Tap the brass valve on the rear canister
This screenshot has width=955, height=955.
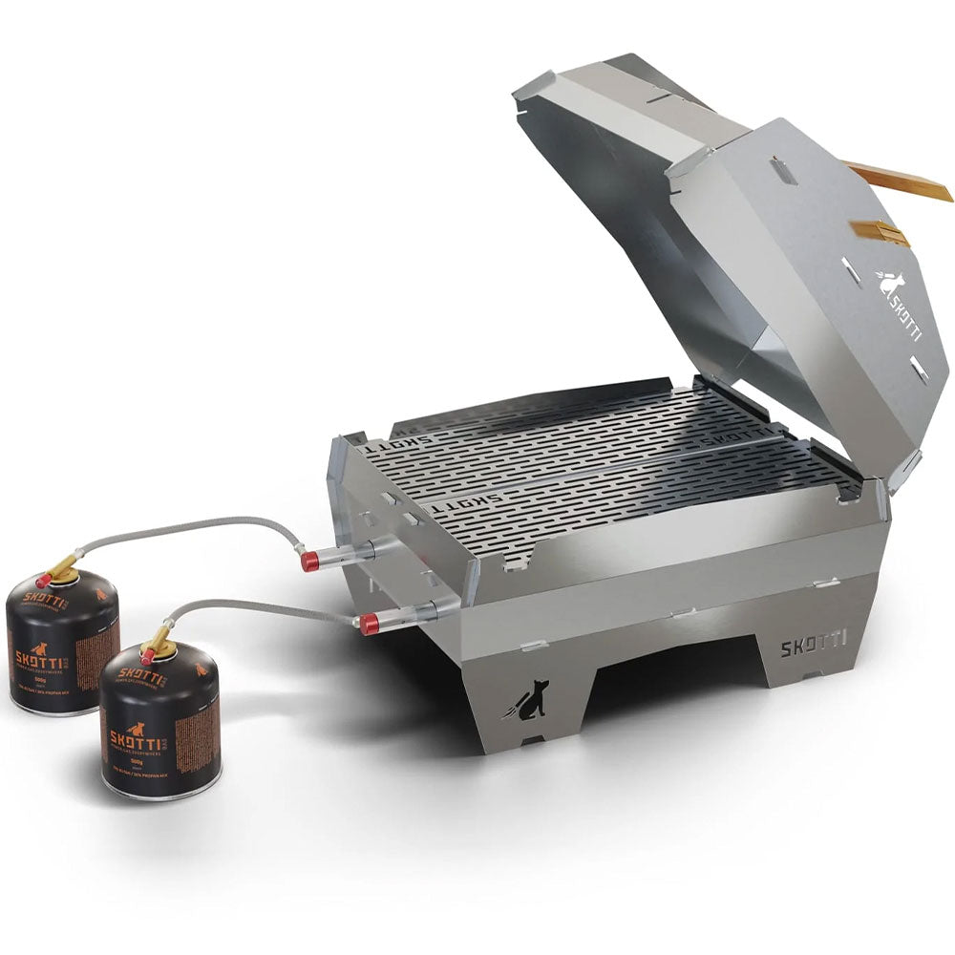62,571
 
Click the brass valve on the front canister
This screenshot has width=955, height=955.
159,642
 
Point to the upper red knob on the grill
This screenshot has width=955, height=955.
310,561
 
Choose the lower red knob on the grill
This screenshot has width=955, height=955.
369,625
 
